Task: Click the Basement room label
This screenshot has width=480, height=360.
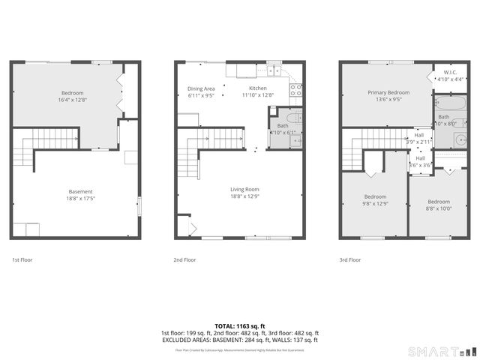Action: pos(76,191)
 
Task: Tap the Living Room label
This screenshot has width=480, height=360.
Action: pos(244,189)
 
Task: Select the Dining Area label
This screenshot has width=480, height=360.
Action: pos(201,88)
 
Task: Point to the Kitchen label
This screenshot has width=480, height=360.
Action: pos(257,88)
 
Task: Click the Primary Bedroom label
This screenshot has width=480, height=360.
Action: pos(388,92)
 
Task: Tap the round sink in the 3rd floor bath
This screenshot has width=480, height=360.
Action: pos(459,138)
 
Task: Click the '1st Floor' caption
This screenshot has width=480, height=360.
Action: pos(22,260)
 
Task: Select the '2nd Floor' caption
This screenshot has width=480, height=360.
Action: pos(184,260)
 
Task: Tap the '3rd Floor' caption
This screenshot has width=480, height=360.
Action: pos(349,260)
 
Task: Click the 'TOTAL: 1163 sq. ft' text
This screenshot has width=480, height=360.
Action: pos(240,326)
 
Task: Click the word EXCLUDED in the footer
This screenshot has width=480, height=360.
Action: pos(178,340)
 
